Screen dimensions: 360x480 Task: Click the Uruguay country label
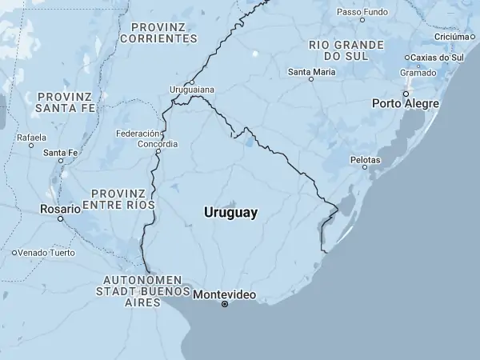click(230, 213)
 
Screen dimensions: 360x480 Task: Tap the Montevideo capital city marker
click(225, 304)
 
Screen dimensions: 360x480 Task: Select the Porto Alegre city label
click(406, 104)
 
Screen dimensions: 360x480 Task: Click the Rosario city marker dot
click(60, 218)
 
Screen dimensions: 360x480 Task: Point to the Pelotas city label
click(365, 159)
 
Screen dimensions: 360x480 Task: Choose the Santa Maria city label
click(311, 71)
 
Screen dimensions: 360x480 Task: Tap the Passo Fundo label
click(362, 13)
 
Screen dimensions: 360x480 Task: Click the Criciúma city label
click(450, 36)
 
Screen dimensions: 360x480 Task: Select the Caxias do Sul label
click(438, 58)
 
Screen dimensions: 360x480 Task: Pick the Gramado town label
click(418, 72)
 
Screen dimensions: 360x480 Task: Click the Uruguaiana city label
click(192, 90)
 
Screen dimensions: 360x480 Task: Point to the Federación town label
click(138, 134)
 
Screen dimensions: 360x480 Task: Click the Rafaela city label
click(31, 137)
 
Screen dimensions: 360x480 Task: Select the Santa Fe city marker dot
click(61, 161)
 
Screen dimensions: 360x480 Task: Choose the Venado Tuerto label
click(46, 253)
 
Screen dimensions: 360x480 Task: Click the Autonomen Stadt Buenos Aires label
click(142, 291)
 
